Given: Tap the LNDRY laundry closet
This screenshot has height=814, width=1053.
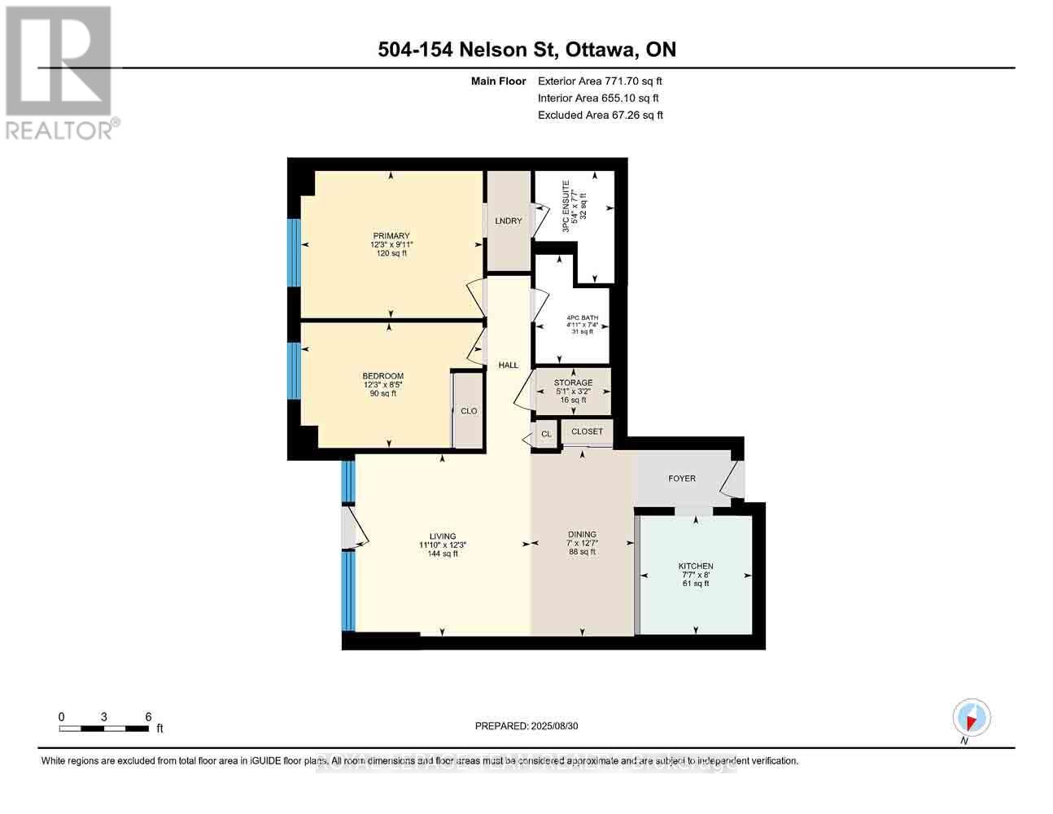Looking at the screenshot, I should (509, 221).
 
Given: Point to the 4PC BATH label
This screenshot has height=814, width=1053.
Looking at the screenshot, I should (582, 317).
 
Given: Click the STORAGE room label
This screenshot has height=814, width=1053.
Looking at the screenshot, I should (573, 383).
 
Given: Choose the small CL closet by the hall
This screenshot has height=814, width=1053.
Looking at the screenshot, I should (546, 434).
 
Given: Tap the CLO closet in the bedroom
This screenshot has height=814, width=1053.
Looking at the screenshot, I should (469, 411).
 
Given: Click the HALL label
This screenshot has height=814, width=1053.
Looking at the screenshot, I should (509, 365).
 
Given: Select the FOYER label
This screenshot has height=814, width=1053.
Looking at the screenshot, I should (682, 479).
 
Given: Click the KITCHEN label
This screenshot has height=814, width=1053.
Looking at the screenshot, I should (696, 567).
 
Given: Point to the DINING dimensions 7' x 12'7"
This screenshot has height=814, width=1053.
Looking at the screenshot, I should (583, 544).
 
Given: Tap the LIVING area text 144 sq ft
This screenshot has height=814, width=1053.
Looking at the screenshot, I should (443, 554).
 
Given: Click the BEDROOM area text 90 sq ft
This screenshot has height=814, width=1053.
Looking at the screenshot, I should (382, 394).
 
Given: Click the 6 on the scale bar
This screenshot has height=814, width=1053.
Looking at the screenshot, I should (148, 716).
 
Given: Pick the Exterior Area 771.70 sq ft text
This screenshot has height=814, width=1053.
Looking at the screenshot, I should (600, 81).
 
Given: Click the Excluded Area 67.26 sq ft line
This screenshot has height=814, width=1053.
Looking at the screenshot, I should (600, 115).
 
